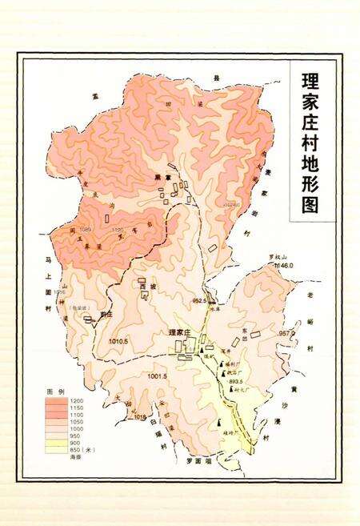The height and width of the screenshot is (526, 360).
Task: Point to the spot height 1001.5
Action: [157, 375]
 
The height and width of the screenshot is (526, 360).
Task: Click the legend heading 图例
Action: [55, 391]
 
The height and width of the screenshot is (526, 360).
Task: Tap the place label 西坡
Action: [146, 285]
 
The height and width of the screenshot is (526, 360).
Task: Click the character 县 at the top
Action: [214, 78]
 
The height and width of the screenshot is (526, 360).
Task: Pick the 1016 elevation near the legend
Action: [139, 417]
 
